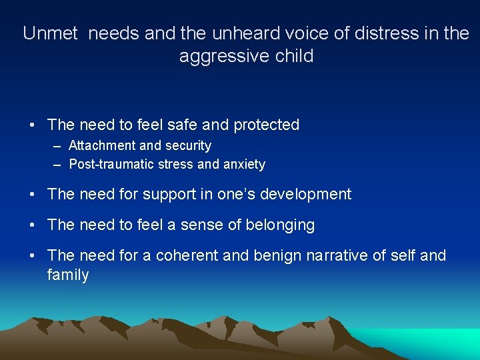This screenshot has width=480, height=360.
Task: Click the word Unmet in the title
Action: point(51,33)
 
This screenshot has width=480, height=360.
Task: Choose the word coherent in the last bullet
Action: point(187,255)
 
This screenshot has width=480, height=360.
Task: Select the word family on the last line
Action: point(67,275)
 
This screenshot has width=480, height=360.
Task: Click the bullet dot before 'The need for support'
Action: point(32,195)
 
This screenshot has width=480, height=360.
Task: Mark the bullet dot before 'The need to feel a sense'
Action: point(32,226)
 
